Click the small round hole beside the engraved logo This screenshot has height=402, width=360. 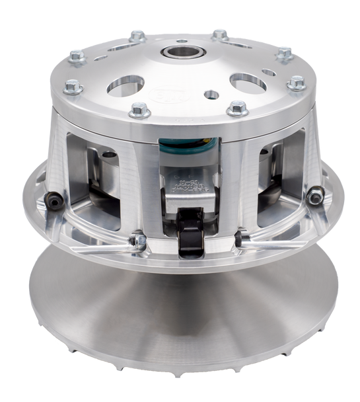click(211, 95)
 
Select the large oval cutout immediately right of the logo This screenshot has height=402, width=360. click(248, 81)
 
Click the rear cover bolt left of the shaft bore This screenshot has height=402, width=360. click(137, 36)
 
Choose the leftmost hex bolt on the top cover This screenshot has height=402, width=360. click(73, 85)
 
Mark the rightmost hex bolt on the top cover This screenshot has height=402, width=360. click(297, 83)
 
